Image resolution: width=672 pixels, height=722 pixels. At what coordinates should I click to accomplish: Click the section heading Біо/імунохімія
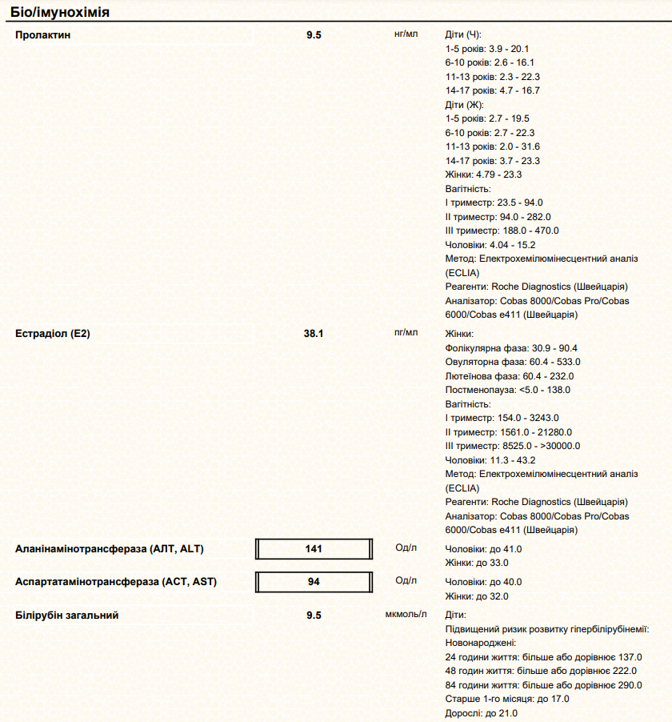pyautogui.click(x=61, y=14)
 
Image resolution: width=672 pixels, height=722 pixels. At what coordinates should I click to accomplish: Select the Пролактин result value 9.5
pyautogui.click(x=314, y=35)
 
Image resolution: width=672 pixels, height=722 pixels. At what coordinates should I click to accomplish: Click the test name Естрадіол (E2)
pyautogui.click(x=53, y=333)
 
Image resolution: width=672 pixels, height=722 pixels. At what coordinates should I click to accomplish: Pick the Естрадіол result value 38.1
pyautogui.click(x=314, y=333)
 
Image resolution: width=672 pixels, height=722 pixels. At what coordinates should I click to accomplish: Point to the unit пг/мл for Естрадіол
pyautogui.click(x=406, y=332)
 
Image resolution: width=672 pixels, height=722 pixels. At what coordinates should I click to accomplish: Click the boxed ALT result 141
pyautogui.click(x=314, y=549)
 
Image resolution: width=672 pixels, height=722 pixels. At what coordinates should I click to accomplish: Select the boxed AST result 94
pyautogui.click(x=314, y=582)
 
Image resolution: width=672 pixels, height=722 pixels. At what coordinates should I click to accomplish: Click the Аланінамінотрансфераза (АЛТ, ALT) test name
pyautogui.click(x=110, y=549)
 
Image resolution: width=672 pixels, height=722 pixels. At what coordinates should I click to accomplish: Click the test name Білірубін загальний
pyautogui.click(x=67, y=615)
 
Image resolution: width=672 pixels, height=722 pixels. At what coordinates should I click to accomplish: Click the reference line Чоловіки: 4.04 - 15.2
pyautogui.click(x=490, y=245)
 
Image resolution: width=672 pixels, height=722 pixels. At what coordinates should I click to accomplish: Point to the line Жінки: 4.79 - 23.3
pyautogui.click(x=483, y=174)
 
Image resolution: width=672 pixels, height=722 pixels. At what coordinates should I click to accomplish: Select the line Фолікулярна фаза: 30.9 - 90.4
pyautogui.click(x=511, y=348)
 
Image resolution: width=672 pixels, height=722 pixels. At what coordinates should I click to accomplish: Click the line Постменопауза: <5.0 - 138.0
pyautogui.click(x=507, y=390)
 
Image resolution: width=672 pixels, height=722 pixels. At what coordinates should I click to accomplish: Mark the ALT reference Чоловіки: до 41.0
pyautogui.click(x=483, y=549)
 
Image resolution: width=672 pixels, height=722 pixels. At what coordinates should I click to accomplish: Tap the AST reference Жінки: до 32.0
pyautogui.click(x=477, y=596)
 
